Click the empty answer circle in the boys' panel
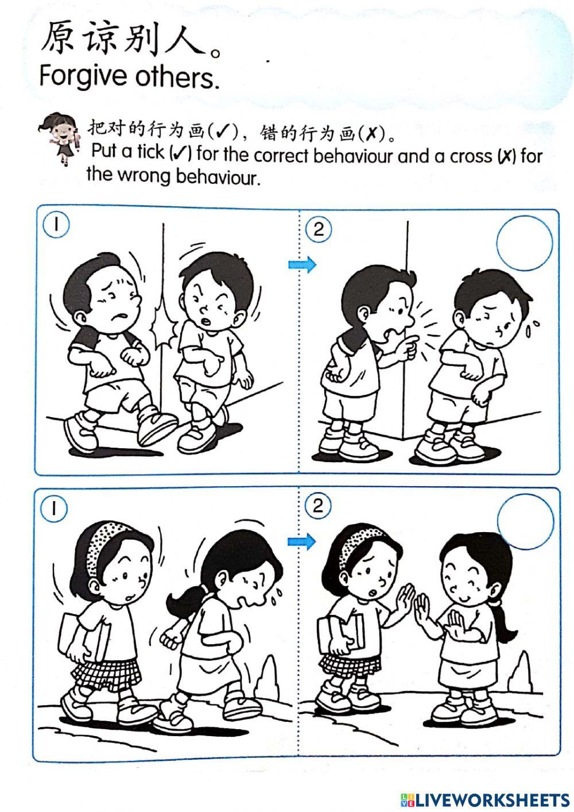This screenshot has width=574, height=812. pos(524,243)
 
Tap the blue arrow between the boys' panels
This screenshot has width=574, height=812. pos(302,264)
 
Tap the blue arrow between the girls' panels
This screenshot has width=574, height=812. pos(302,541)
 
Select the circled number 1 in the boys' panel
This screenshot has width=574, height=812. pos(56,225)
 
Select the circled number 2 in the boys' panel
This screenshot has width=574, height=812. pos(319,229)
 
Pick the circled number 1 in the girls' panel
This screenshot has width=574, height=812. pos(54,509)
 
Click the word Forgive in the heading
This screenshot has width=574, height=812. pos(83,76)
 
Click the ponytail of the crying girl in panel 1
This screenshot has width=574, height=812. pos(183,601)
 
